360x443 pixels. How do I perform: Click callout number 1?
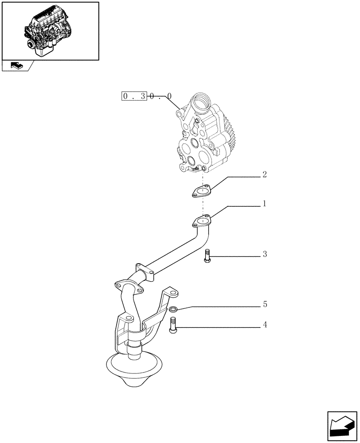[264, 204]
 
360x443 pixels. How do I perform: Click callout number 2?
[264, 175]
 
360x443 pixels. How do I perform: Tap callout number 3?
[265, 254]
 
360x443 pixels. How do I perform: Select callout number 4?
[265, 325]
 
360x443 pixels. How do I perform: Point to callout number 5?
[265, 304]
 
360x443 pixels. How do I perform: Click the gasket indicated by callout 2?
[202, 192]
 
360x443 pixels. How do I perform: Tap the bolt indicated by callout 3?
[207, 256]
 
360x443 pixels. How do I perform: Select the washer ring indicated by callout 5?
[174, 309]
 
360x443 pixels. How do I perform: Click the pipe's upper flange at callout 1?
[202, 220]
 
